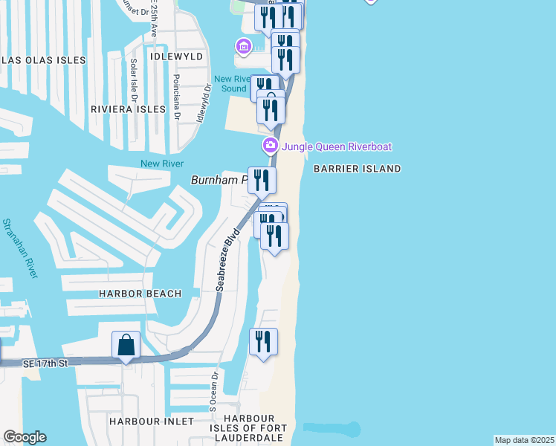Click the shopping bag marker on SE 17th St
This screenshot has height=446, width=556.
pyautogui.click(x=126, y=346)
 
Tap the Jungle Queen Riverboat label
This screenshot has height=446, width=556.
pyautogui.click(x=336, y=146)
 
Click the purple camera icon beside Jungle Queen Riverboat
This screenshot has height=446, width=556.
pyautogui.click(x=271, y=146)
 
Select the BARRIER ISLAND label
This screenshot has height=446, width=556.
pyautogui.click(x=357, y=169)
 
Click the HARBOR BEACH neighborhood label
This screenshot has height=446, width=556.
pyautogui.click(x=140, y=294)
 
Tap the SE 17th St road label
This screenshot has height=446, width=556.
pyautogui.click(x=45, y=363)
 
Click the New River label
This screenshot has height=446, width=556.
pyautogui.click(x=161, y=164)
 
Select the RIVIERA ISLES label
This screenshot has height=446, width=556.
pyautogui.click(x=128, y=109)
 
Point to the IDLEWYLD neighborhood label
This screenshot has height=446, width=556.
pyautogui.click(x=177, y=56)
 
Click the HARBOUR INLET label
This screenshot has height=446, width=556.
pyautogui.click(x=151, y=421)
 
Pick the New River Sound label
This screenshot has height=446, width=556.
pyautogui.click(x=230, y=84)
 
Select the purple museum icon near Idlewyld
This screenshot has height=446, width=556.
pyautogui.click(x=243, y=48)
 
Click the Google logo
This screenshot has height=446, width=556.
pyautogui.click(x=25, y=437)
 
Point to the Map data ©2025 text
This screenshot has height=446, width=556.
pyautogui.click(x=524, y=440)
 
